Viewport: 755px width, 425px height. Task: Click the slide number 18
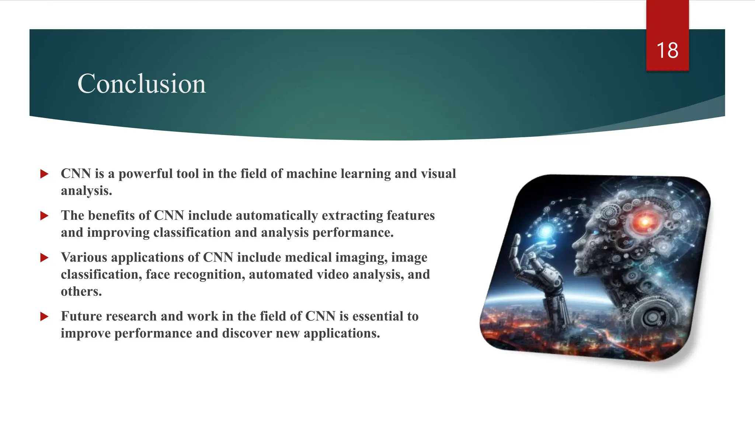tap(667, 51)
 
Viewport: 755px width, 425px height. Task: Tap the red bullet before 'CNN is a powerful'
tap(44, 174)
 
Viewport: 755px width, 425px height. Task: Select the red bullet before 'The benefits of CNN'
tap(44, 216)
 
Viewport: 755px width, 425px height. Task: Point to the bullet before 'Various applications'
tap(44, 258)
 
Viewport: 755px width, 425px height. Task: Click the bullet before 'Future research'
tap(44, 316)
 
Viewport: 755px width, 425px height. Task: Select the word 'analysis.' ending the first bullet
tap(86, 191)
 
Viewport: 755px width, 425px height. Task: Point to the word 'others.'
tap(81, 291)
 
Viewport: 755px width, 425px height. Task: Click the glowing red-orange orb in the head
tap(644, 221)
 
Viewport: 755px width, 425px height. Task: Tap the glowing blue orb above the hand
tap(546, 231)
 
